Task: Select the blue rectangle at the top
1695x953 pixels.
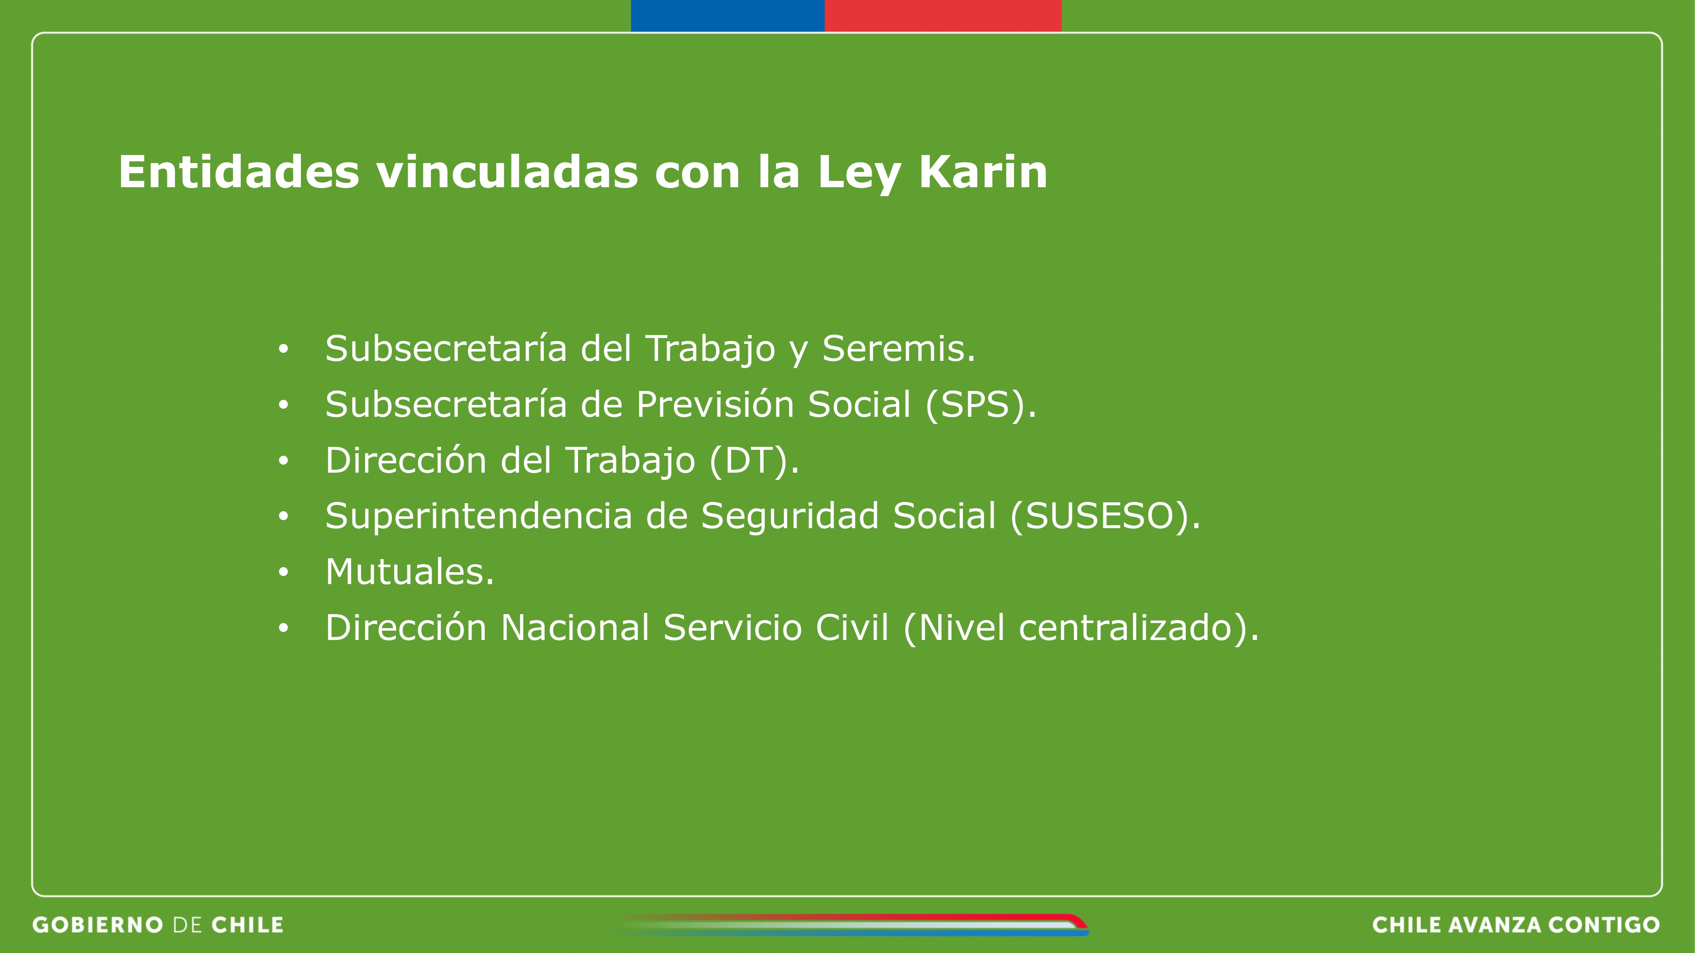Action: click(728, 16)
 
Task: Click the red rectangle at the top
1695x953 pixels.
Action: click(943, 16)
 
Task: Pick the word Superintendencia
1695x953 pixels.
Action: click(479, 516)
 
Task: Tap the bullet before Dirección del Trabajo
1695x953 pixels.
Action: click(283, 460)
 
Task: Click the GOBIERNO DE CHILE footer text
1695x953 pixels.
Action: click(158, 925)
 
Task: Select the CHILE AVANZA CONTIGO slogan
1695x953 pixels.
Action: click(1516, 925)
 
